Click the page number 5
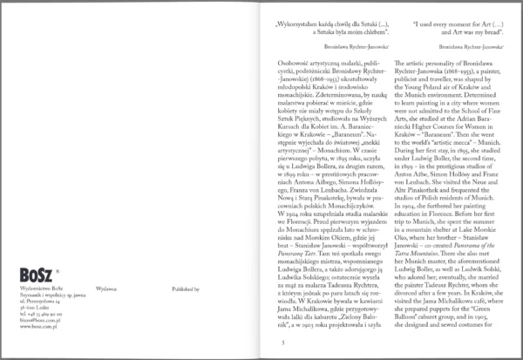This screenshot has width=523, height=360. click(x=274, y=343)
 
